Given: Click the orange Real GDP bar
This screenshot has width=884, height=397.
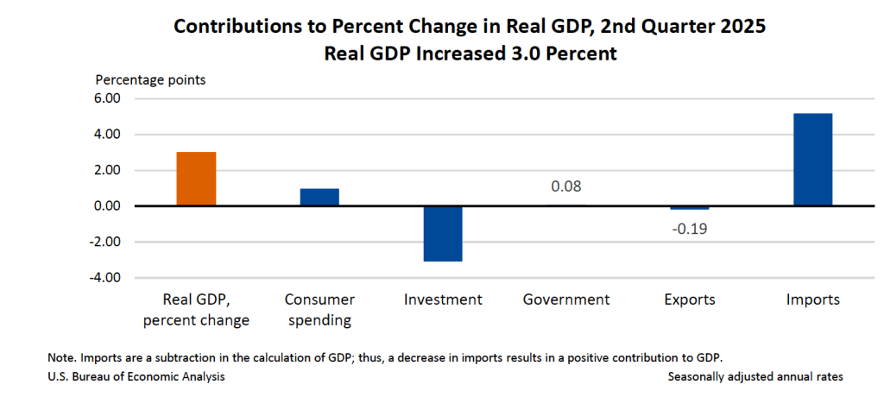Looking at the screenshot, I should coord(196,179).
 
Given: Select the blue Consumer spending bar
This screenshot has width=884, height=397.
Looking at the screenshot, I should coord(319,197).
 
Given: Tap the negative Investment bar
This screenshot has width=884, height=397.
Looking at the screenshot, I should coord(443,233).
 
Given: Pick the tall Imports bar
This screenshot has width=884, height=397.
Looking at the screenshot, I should coord(812,160).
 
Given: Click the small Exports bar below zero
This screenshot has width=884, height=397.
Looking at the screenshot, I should coord(689,208).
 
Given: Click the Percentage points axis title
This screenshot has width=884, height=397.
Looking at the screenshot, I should coord(150,80).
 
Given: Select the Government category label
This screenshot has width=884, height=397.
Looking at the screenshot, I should coord(566,300).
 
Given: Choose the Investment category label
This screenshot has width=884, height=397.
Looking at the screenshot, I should coord(443,300).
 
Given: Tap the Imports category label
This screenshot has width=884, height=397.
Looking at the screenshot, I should coord(812,300).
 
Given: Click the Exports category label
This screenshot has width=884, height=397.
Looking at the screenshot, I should coord(690,300).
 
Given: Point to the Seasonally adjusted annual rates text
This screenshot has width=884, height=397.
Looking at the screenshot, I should coord(755,377).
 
